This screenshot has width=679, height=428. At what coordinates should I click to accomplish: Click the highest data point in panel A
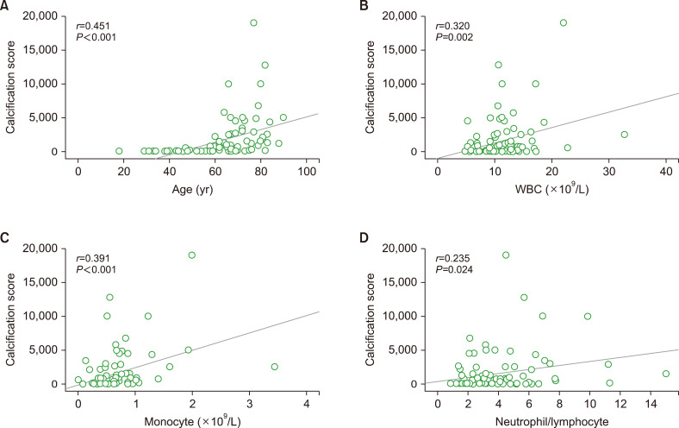coord(253,22)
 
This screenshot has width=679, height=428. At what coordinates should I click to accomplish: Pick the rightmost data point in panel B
coord(625,135)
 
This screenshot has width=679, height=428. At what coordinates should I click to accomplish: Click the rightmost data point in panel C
coord(275,367)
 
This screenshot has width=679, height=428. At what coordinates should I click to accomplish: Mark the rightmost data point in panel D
coord(665,374)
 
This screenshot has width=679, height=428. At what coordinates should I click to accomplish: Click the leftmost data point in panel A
coord(119,151)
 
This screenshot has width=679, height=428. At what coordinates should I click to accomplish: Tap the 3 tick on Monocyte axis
coord(250,401)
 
